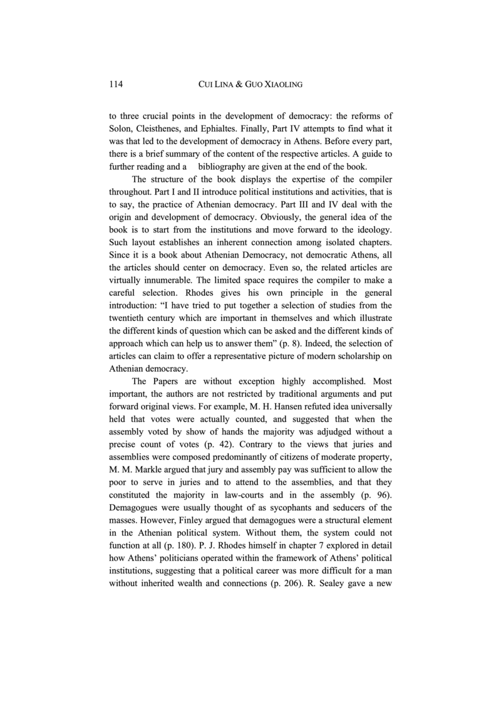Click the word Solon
121,130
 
